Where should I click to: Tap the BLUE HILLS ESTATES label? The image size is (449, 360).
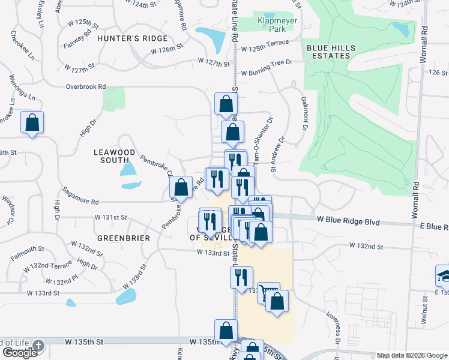click(330, 52)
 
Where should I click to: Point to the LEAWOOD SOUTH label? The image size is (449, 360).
click(115, 156)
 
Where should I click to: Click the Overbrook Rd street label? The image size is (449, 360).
click(86, 86)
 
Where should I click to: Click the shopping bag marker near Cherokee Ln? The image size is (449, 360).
click(32, 122)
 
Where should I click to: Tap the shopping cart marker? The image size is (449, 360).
click(268, 293)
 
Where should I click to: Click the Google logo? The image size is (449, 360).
click(19, 352)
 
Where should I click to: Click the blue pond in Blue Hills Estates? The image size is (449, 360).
click(400, 28)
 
